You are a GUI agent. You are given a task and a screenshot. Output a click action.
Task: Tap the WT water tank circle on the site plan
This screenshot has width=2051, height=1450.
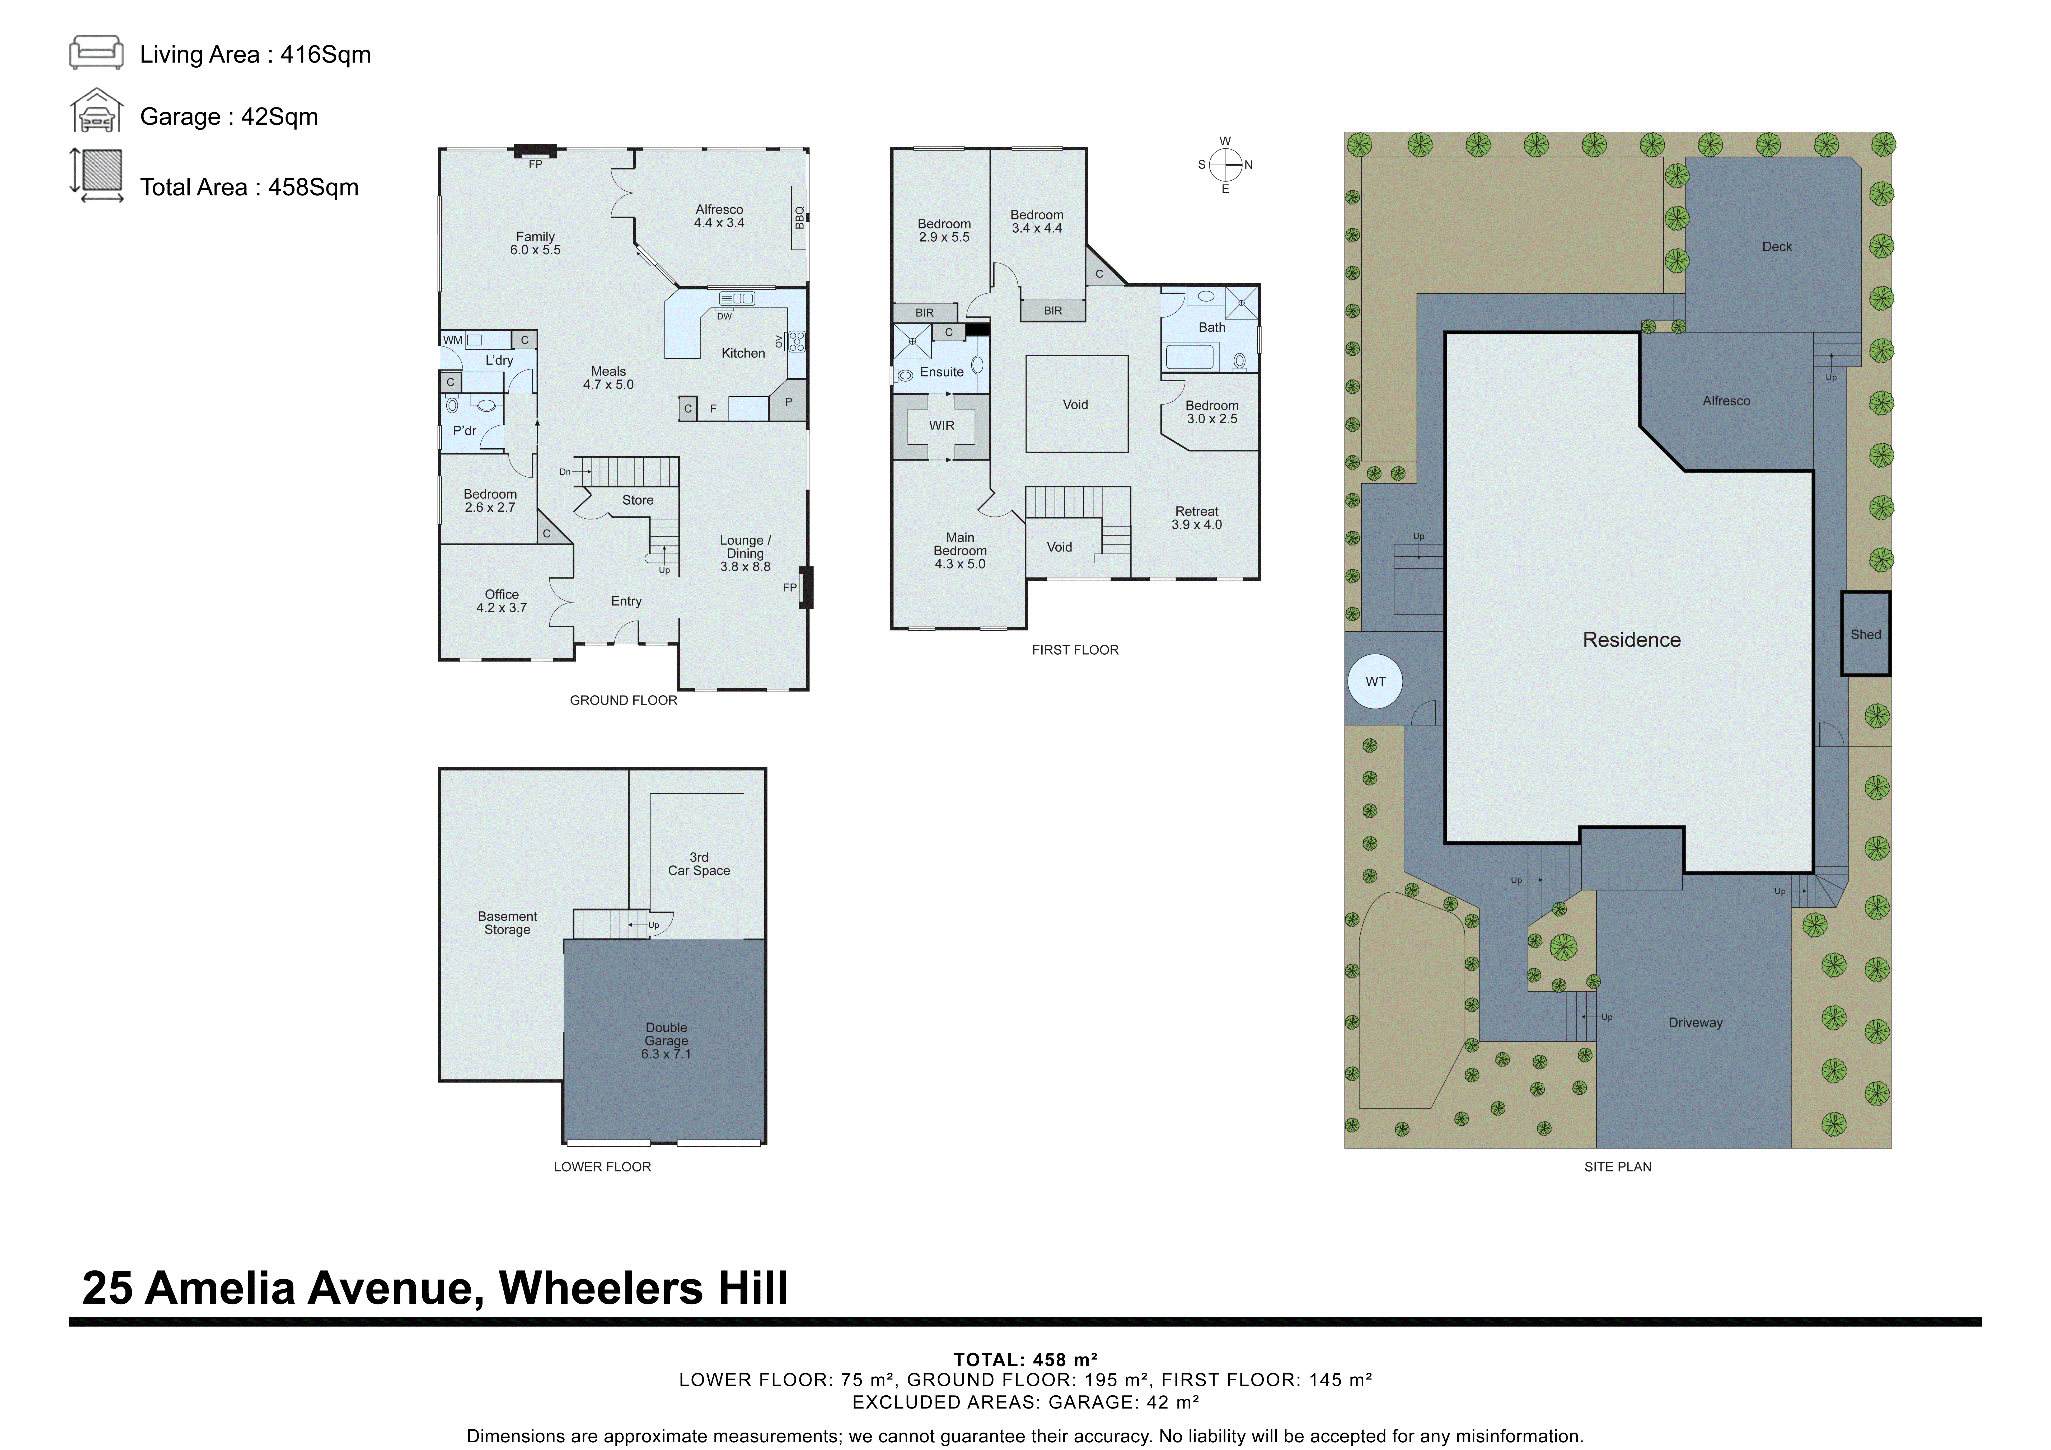[1376, 682]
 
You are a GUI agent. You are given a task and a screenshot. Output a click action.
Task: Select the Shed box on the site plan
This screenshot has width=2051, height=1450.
[1865, 634]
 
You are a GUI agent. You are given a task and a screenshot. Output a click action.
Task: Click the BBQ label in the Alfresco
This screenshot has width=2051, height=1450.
[799, 217]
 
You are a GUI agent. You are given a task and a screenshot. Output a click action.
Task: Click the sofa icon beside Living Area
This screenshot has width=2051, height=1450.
[96, 53]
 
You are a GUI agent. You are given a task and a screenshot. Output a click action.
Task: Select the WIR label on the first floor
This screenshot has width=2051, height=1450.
[942, 426]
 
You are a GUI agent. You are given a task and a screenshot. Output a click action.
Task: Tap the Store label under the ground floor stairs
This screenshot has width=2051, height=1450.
[638, 500]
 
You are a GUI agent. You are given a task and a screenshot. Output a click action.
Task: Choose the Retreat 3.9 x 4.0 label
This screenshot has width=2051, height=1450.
[1196, 518]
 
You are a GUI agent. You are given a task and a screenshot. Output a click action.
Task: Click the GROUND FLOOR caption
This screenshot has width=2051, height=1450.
[624, 700]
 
